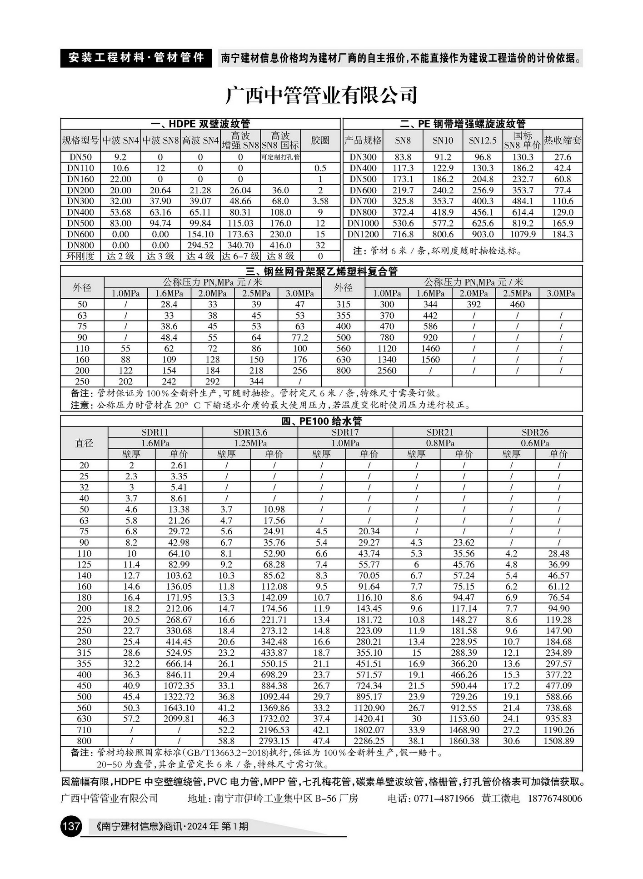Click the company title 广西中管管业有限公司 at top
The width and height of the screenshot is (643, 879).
pos(321,95)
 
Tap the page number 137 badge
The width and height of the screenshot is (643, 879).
pos(70,826)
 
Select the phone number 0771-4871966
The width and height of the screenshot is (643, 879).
pos(443,799)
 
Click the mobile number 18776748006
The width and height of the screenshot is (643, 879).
pos(555,799)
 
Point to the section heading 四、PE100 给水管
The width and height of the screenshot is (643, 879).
pos(321,421)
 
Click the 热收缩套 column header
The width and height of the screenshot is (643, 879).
pos(563,141)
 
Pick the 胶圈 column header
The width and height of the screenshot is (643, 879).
pos(320,141)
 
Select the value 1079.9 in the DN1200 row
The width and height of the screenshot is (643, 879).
pos(523,234)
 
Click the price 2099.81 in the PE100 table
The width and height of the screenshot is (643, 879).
pos(179,719)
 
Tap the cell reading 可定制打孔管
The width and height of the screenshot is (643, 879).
pos(280,157)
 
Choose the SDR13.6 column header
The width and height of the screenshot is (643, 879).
pos(250,432)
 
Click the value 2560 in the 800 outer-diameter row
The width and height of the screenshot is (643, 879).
pos(387,371)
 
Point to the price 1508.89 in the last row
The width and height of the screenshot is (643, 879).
pos(558,741)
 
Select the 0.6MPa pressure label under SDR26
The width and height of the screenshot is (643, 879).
pos(535,443)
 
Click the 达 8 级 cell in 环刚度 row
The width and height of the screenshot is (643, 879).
pos(280,256)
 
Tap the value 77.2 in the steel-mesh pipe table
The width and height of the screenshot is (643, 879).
pos(299,337)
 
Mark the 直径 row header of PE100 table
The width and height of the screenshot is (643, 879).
pos(84,443)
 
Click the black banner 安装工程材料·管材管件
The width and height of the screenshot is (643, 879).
pos(136,58)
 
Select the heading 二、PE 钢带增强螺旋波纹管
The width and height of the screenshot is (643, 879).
pos(463,124)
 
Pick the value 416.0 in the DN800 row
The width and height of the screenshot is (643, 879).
pos(280,245)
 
